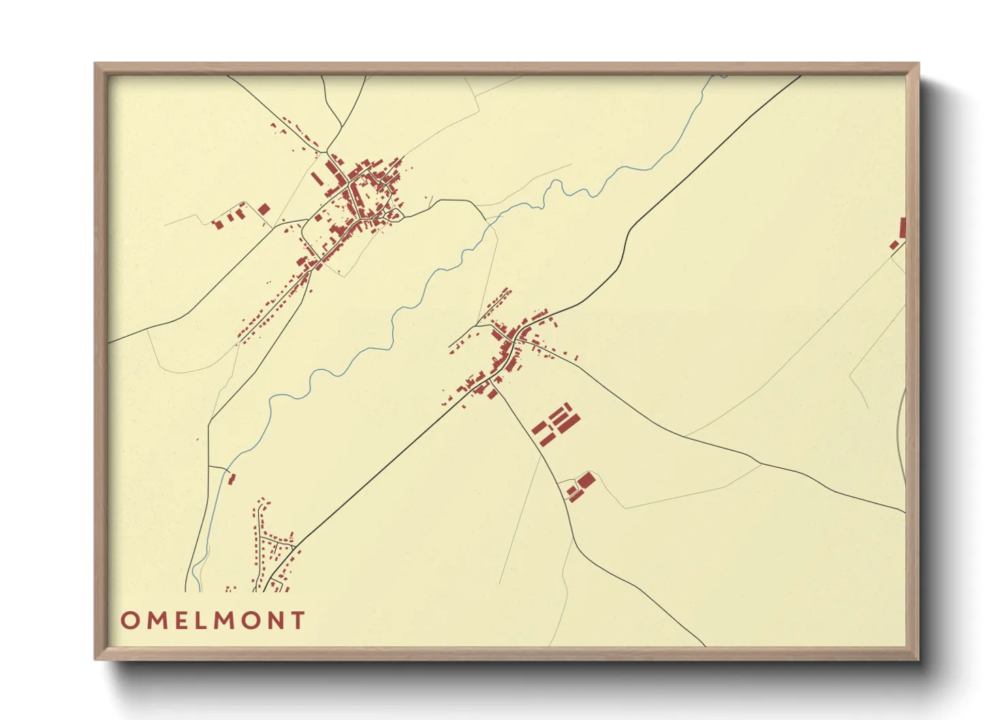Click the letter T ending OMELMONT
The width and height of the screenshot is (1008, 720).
click(x=297, y=620)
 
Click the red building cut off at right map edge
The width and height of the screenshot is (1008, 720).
click(x=902, y=227)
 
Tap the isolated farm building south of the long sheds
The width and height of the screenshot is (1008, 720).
click(x=583, y=485)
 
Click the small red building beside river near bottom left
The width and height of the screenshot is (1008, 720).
click(x=231, y=478)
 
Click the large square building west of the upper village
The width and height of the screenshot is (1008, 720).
click(x=264, y=209)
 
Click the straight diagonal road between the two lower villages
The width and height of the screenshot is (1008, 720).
click(x=388, y=463)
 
